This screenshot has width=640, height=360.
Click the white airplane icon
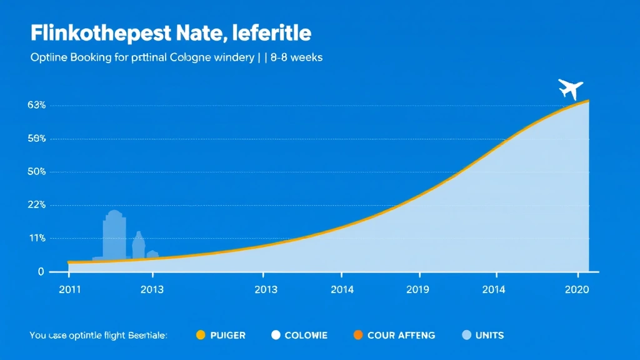click(570, 89)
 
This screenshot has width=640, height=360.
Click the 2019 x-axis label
click(418, 289)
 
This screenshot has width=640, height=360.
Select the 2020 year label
click(576, 289)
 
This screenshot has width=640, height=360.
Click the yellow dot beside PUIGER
click(201, 335)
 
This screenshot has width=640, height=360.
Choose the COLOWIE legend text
click(306, 336)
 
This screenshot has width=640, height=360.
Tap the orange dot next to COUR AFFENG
click(357, 335)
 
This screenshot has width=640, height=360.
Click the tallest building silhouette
click(114, 234)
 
